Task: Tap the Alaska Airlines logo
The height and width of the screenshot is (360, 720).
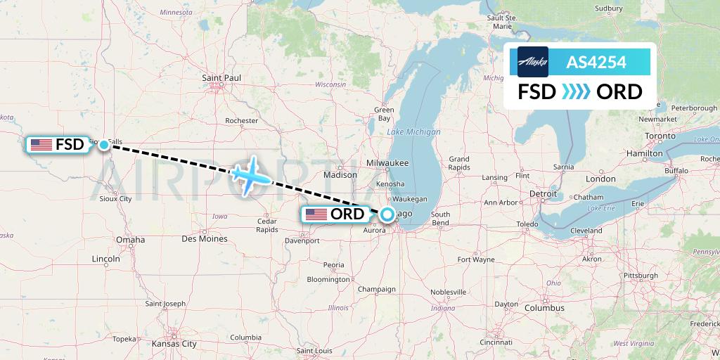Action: pyautogui.click(x=532, y=62)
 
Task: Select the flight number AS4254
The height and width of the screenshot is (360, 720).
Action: pyautogui.click(x=596, y=63)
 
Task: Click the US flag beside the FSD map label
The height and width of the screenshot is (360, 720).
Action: pyautogui.click(x=41, y=145)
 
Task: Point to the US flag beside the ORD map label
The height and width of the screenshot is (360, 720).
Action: pyautogui.click(x=316, y=214)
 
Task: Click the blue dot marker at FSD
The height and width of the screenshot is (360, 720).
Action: pyautogui.click(x=103, y=145)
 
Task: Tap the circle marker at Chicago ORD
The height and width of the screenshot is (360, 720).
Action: pyautogui.click(x=386, y=214)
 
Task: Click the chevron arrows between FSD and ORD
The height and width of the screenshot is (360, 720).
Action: pyautogui.click(x=576, y=92)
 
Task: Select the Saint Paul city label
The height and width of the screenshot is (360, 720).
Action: pyautogui.click(x=221, y=77)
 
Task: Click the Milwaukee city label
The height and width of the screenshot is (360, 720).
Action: pyautogui.click(x=387, y=162)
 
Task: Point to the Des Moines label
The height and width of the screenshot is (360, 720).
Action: pyautogui.click(x=204, y=239)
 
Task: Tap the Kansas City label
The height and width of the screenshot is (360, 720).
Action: pyautogui.click(x=174, y=344)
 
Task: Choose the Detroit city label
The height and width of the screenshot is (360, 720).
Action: pyautogui.click(x=542, y=193)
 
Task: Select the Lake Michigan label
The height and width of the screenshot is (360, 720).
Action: pyautogui.click(x=413, y=132)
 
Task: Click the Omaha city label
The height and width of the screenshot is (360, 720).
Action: pyautogui.click(x=131, y=240)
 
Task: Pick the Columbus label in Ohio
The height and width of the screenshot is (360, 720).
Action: pyautogui.click(x=544, y=307)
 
